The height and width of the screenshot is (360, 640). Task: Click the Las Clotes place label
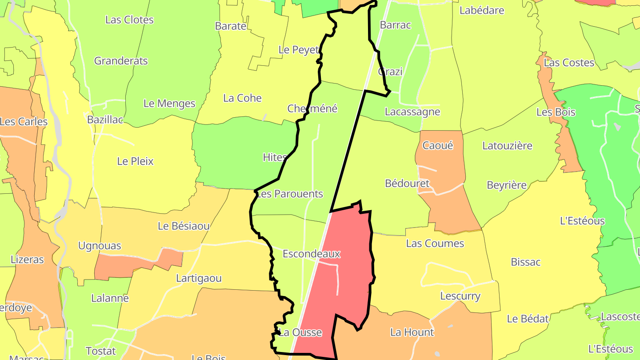(129, 20)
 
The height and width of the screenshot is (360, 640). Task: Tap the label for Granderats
(121, 61)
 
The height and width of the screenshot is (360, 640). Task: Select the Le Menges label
(169, 104)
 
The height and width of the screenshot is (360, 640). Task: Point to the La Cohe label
(242, 98)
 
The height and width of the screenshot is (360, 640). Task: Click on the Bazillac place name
(105, 120)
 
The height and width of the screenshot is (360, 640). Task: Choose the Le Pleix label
(135, 161)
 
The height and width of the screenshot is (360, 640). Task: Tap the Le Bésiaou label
(184, 226)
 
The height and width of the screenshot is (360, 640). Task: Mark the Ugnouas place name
(99, 246)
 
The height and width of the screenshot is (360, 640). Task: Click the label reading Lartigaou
(199, 279)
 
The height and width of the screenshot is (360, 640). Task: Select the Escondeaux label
(311, 254)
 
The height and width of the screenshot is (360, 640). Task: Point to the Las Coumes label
(435, 244)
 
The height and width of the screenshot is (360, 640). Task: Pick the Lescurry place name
(460, 296)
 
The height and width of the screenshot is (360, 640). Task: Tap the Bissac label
(525, 262)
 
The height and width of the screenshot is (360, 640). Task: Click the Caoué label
(437, 145)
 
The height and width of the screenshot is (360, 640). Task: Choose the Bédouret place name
(407, 183)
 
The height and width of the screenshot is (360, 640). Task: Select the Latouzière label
(507, 145)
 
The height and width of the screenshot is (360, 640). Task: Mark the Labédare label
(482, 10)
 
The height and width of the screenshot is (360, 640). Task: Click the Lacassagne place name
(412, 112)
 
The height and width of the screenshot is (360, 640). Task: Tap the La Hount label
(412, 332)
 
